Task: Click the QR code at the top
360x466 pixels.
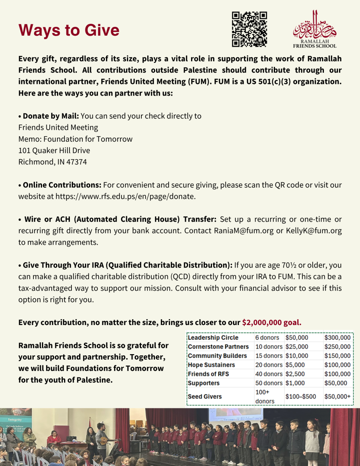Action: pos(249,29)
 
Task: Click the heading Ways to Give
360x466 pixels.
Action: pos(69,30)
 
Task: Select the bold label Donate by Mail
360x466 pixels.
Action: pos(50,116)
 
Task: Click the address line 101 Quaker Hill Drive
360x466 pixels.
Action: pos(54,150)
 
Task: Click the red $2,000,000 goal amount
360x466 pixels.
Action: pos(272,322)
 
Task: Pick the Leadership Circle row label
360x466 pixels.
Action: pos(213,337)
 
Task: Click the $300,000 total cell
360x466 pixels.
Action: pos(337,337)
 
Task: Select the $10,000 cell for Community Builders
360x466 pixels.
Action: pos(297,356)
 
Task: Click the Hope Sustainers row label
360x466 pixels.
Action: pos(211,365)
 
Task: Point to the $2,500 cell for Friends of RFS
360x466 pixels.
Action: pos(295,374)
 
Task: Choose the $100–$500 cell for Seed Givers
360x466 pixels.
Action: pos(300,396)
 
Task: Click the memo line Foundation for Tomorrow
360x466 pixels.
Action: pos(75,139)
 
